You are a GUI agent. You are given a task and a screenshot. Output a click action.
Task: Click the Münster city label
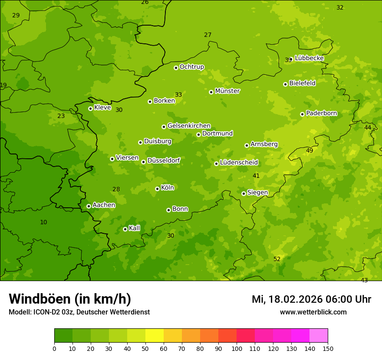tap(227, 91)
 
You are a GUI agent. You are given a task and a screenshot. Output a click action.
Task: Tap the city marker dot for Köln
tap(157, 189)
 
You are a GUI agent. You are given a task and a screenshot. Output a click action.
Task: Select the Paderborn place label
tap(321, 113)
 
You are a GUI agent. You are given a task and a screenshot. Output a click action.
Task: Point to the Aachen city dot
tap(89, 206)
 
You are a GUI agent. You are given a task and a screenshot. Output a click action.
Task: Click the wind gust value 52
tap(277, 259)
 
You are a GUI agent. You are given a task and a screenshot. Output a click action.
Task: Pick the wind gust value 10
tap(43, 222)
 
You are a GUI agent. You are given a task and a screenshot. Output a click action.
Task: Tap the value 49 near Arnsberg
tap(310, 151)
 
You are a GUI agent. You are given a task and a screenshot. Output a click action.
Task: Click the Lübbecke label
tap(309, 58)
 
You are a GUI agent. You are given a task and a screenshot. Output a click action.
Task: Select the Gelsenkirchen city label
tap(189, 126)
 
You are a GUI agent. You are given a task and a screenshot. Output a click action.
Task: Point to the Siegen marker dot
tap(244, 193)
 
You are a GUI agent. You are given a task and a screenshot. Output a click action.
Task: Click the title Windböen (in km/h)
tap(70, 299)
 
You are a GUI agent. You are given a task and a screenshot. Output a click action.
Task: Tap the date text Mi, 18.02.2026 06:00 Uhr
tap(311, 299)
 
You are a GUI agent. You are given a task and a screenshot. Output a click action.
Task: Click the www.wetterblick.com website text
tap(313, 312)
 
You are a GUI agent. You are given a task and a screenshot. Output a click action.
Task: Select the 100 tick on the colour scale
tap(237, 348)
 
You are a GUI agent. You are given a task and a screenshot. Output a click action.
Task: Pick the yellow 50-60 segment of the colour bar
tap(155, 336)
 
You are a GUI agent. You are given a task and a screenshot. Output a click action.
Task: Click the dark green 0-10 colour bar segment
tap(63, 336)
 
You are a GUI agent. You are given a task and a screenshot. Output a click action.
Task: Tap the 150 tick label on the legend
tap(328, 348)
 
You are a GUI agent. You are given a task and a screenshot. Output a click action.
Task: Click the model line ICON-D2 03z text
tap(79, 312)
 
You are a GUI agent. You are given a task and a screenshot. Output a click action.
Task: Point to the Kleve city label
tap(102, 108)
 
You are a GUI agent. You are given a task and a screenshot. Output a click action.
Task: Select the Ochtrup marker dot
tap(176, 68)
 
